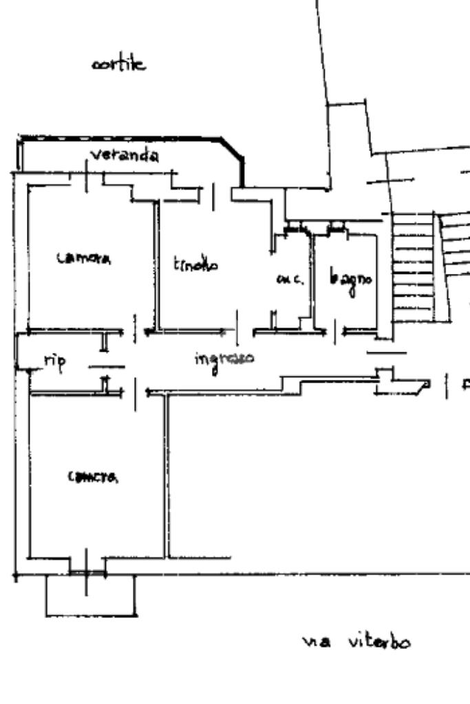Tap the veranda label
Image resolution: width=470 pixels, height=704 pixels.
125,156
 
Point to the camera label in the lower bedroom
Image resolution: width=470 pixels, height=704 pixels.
93,477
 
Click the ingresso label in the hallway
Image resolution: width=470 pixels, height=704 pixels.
224,359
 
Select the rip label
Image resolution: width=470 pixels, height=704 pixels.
54,363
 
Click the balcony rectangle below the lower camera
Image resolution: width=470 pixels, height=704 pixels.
90,596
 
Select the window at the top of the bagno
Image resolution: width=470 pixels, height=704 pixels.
337,228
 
